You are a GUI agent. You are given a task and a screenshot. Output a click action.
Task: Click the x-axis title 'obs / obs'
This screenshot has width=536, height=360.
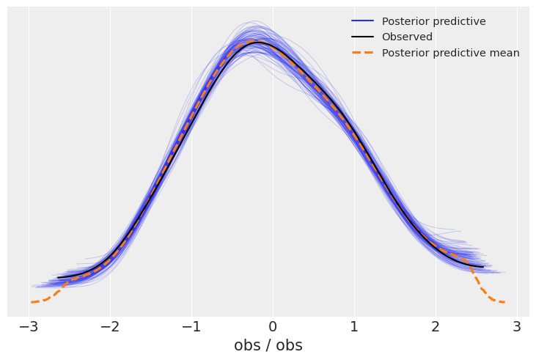(268, 345)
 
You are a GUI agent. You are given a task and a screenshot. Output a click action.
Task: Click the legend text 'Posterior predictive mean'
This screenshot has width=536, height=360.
(450, 53)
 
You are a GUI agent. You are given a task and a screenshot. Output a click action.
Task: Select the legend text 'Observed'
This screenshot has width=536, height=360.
(407, 37)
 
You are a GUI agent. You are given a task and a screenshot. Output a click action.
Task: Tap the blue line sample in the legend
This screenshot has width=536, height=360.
(362, 21)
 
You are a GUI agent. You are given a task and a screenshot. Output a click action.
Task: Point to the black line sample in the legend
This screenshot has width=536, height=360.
(362, 37)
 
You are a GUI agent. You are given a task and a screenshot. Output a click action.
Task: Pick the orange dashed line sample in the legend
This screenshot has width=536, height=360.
(362, 53)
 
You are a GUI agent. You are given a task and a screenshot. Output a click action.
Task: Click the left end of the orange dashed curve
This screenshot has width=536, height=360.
(32, 302)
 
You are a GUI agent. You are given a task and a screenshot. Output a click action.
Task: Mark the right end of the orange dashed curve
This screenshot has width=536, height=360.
(504, 301)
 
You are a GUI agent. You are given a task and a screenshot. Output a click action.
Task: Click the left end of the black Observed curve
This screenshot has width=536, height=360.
(59, 278)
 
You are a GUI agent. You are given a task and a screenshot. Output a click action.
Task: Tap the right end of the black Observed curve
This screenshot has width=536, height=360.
(483, 266)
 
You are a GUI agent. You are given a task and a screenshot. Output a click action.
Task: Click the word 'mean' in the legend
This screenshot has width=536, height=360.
(504, 53)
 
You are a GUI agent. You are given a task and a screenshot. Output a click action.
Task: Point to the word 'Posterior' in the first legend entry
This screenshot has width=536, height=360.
(406, 21)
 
